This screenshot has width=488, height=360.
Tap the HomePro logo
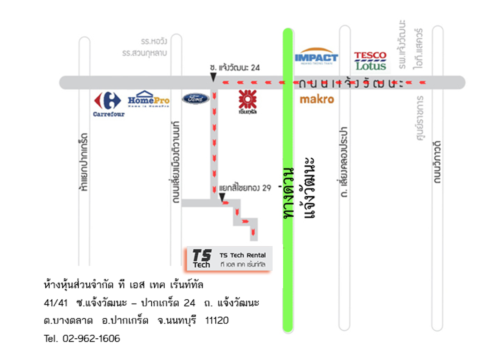(x=148, y=99)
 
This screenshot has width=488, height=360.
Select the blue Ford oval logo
(x=196, y=99)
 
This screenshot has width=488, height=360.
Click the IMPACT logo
(x=316, y=57)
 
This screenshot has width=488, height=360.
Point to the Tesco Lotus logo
(x=370, y=61)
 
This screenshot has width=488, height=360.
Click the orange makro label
(x=317, y=99)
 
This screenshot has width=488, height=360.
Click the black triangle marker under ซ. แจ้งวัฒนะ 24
(x=213, y=77)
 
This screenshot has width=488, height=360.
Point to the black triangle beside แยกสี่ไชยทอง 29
(x=222, y=197)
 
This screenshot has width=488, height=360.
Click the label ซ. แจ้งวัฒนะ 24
(x=235, y=67)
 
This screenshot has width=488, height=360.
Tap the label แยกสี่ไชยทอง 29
(x=245, y=188)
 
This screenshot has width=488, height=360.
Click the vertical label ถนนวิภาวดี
(x=437, y=162)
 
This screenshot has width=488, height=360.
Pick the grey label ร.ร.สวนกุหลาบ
(x=144, y=53)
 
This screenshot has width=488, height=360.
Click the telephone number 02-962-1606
(x=91, y=338)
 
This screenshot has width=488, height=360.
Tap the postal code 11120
(x=217, y=320)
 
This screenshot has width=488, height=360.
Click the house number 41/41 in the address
(x=56, y=302)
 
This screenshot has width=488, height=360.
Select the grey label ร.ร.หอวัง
(x=154, y=42)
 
